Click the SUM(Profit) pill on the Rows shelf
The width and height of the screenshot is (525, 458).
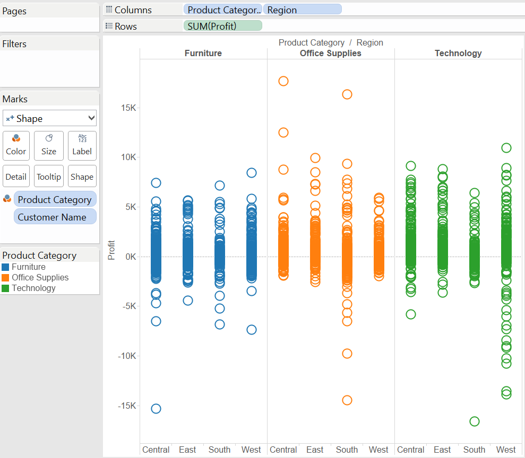pos(222,26)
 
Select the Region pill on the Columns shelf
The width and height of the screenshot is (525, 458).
pos(302,10)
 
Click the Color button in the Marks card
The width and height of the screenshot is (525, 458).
pos(16,145)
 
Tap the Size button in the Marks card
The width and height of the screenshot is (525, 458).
pos(49,145)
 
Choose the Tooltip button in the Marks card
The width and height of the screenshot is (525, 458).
pos(49,177)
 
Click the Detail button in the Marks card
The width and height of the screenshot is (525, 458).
pos(16,177)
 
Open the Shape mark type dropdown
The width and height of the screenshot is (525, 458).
pos(50,118)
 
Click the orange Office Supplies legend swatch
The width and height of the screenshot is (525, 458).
pos(6,278)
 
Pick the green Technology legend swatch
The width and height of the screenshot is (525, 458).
pos(6,288)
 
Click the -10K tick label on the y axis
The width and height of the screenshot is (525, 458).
pos(127,356)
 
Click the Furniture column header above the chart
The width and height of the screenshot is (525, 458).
pos(203,53)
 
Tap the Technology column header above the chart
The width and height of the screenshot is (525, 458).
pos(458,53)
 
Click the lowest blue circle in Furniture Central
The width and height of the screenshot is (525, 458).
pos(156,409)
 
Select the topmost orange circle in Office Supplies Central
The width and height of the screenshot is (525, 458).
pos(283,81)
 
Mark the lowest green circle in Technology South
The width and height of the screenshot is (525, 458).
pos(475,421)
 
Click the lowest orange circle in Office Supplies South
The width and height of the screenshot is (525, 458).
pos(347,400)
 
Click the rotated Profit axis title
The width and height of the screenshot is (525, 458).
pos(111,251)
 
